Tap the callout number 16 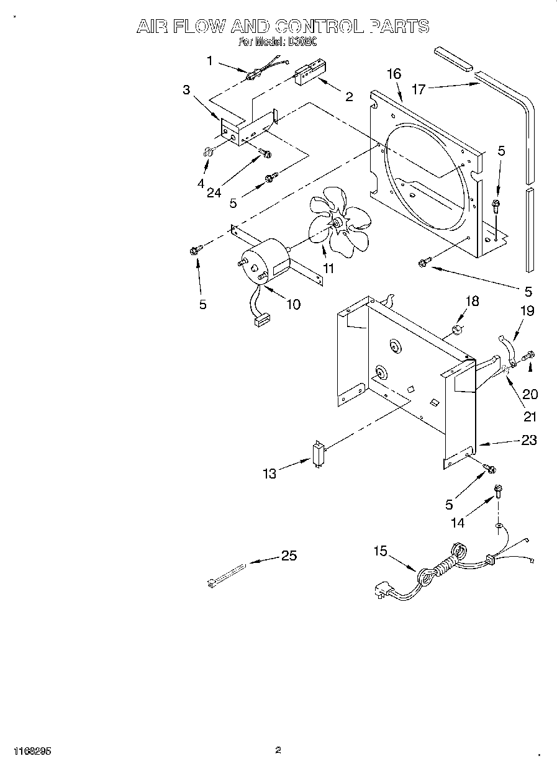pos(394,74)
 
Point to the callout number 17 pos(419,89)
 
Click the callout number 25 pos(289,555)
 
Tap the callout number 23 pos(529,440)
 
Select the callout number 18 pos(472,302)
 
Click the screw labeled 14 pos(497,492)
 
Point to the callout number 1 pos(210,60)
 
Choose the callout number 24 pos(214,192)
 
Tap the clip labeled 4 pos(207,150)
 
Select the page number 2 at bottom pos(278,750)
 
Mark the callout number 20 pos(530,393)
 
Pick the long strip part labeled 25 pos(228,574)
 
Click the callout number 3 pos(186,89)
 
